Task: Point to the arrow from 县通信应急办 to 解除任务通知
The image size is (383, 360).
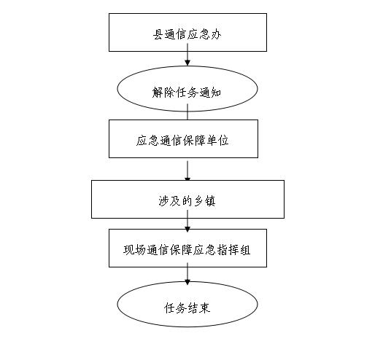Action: (x=187, y=55)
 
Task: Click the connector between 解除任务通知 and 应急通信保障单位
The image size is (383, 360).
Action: (x=187, y=111)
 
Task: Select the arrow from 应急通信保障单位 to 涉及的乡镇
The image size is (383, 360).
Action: (x=187, y=171)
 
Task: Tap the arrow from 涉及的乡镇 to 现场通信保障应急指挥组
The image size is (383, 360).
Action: (x=187, y=221)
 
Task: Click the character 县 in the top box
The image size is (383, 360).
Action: (x=158, y=34)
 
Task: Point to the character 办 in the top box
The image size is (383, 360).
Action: (x=216, y=34)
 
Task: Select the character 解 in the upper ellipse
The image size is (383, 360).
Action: (x=157, y=93)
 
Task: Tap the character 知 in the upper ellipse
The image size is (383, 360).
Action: (x=216, y=93)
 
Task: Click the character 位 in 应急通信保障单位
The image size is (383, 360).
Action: (x=223, y=141)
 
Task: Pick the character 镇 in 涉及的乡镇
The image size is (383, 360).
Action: (x=210, y=201)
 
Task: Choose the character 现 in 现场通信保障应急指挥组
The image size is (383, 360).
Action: (x=128, y=250)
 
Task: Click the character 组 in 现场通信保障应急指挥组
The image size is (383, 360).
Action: (x=245, y=250)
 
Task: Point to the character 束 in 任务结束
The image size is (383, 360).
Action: (x=205, y=308)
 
